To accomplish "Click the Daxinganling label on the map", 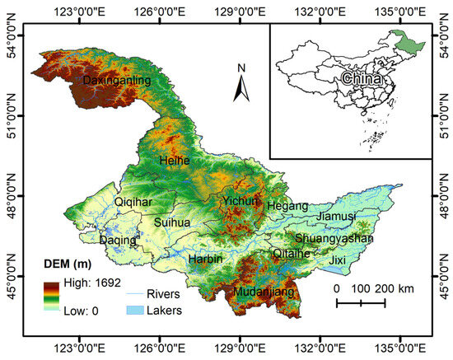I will click(x=116, y=81).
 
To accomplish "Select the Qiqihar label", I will click(x=133, y=201).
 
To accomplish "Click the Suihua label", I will click(x=171, y=222).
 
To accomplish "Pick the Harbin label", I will click(x=206, y=259).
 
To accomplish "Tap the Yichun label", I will click(x=240, y=201).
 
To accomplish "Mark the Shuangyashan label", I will click(x=334, y=237).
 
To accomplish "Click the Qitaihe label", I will click(x=292, y=254).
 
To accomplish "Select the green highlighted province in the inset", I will click(x=408, y=40).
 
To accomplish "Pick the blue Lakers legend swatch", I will click(x=138, y=311).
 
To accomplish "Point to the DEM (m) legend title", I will click(x=69, y=264).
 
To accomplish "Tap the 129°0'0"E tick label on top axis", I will click(x=240, y=12).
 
